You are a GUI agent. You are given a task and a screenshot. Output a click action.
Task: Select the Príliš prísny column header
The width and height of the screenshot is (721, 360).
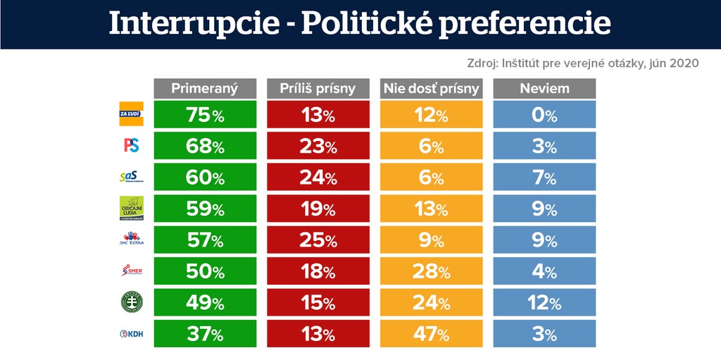(x=318, y=88)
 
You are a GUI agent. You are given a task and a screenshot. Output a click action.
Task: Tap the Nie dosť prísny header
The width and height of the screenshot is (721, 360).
(x=431, y=88)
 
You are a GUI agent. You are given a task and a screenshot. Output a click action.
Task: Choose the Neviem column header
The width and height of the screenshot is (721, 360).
(x=544, y=88)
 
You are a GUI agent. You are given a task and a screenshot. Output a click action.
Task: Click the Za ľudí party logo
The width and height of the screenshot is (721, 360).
(x=131, y=114)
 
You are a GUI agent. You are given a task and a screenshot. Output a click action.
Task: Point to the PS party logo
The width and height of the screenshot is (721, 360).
(x=131, y=145)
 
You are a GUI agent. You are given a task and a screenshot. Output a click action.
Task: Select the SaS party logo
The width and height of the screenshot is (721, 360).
(x=131, y=177)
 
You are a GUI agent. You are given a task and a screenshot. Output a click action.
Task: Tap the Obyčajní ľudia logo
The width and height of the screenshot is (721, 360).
(x=131, y=209)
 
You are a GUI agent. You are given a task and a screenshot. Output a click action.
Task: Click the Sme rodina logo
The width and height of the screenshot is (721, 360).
(x=131, y=240)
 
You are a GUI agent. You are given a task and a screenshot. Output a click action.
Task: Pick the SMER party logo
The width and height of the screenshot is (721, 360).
(x=131, y=271)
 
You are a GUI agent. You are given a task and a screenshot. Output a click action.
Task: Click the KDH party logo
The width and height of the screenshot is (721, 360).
(x=131, y=333)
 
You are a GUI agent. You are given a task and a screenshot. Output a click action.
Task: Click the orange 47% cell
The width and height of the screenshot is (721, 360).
(x=431, y=333)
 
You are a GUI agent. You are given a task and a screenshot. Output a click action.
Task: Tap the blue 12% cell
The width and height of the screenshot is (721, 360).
(x=544, y=302)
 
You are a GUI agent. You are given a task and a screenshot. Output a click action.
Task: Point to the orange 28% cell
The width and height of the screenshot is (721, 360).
(x=431, y=271)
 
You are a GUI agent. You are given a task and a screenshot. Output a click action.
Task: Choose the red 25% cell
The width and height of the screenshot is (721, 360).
(x=318, y=240)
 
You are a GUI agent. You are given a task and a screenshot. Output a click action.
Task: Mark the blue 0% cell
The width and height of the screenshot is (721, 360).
(x=544, y=114)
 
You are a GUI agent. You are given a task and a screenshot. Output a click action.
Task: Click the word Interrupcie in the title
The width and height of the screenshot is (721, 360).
(x=195, y=24)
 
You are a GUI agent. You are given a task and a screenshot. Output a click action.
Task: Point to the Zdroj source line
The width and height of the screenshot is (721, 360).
(x=582, y=63)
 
